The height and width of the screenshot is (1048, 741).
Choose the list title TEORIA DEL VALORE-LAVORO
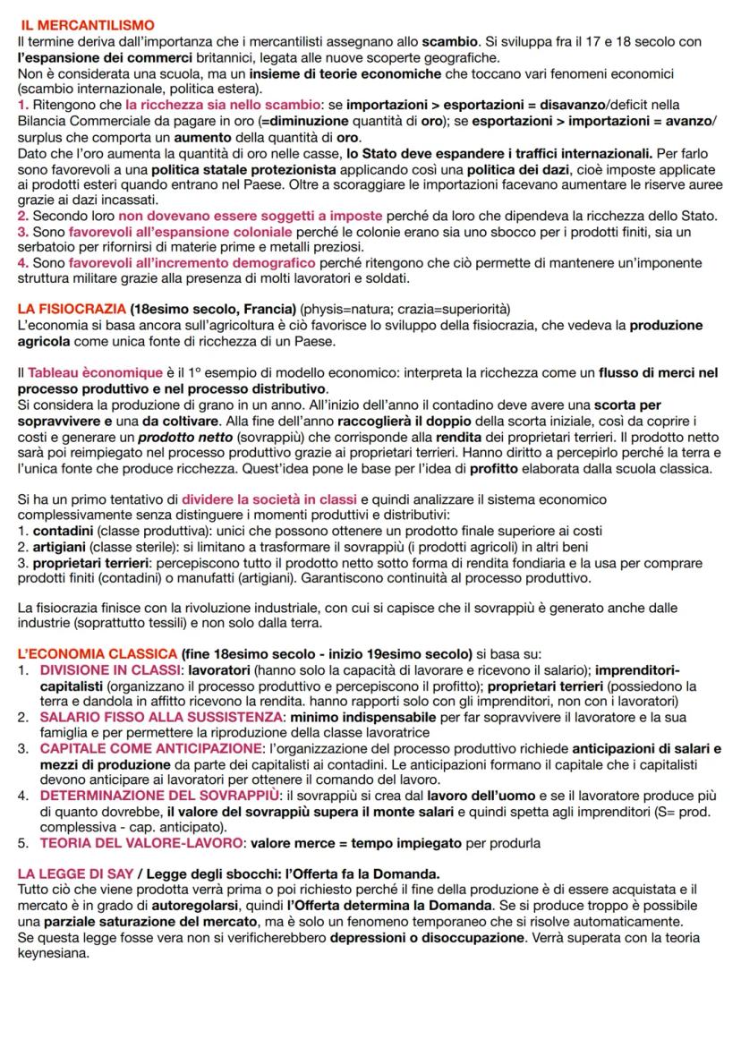(x=142, y=842)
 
